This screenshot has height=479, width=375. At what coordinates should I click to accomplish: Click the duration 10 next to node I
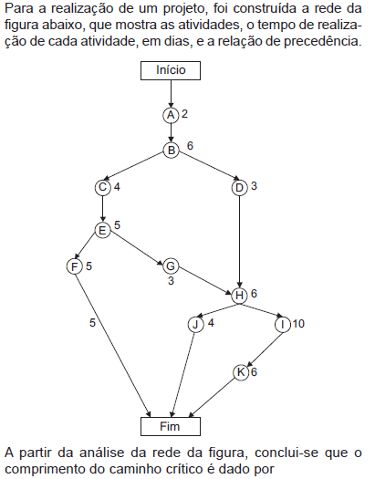298,324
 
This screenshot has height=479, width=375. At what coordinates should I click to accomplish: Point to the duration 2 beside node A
184,114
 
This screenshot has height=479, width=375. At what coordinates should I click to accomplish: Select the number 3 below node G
171,280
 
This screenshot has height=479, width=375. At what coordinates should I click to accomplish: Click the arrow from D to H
239,242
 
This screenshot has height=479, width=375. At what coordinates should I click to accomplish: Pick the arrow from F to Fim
113,345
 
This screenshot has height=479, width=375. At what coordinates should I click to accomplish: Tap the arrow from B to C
133,167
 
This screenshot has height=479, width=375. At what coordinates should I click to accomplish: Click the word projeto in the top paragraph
183,9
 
